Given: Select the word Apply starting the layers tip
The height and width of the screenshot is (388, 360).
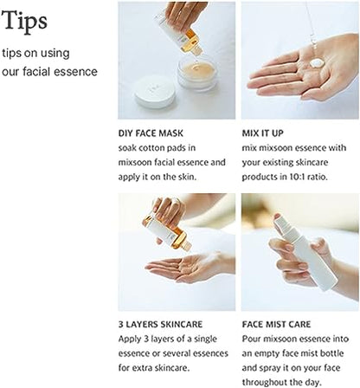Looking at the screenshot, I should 132,339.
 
